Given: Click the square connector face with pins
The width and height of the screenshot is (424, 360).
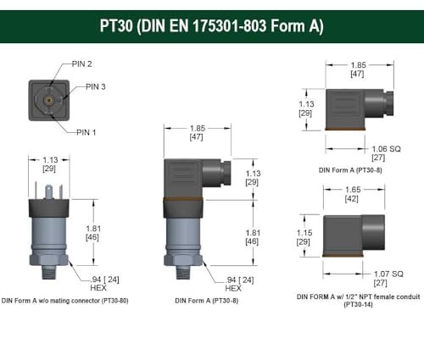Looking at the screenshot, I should pyautogui.click(x=49, y=100).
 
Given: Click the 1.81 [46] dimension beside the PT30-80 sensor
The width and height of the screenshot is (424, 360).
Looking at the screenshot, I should pyautogui.click(x=94, y=233).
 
